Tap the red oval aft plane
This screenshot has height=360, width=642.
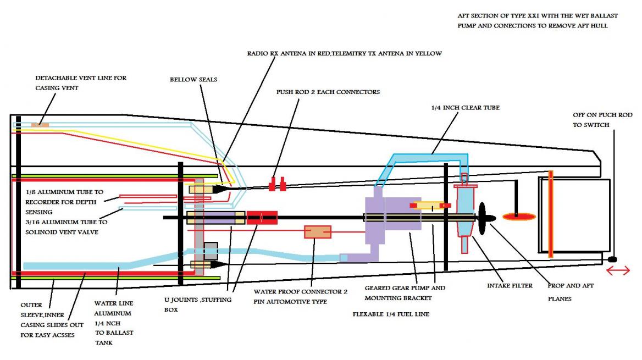click(519, 217)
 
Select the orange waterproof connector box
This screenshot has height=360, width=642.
click(318, 232)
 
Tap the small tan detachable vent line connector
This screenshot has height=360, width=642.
click(40, 125)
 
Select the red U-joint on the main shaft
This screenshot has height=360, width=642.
click(262, 218)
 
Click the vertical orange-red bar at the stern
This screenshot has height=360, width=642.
click(550, 214)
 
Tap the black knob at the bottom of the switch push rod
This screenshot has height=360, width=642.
click(615, 259)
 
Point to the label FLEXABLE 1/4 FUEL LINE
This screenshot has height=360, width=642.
click(392, 315)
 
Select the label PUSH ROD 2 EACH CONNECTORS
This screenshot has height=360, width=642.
click(328, 92)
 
